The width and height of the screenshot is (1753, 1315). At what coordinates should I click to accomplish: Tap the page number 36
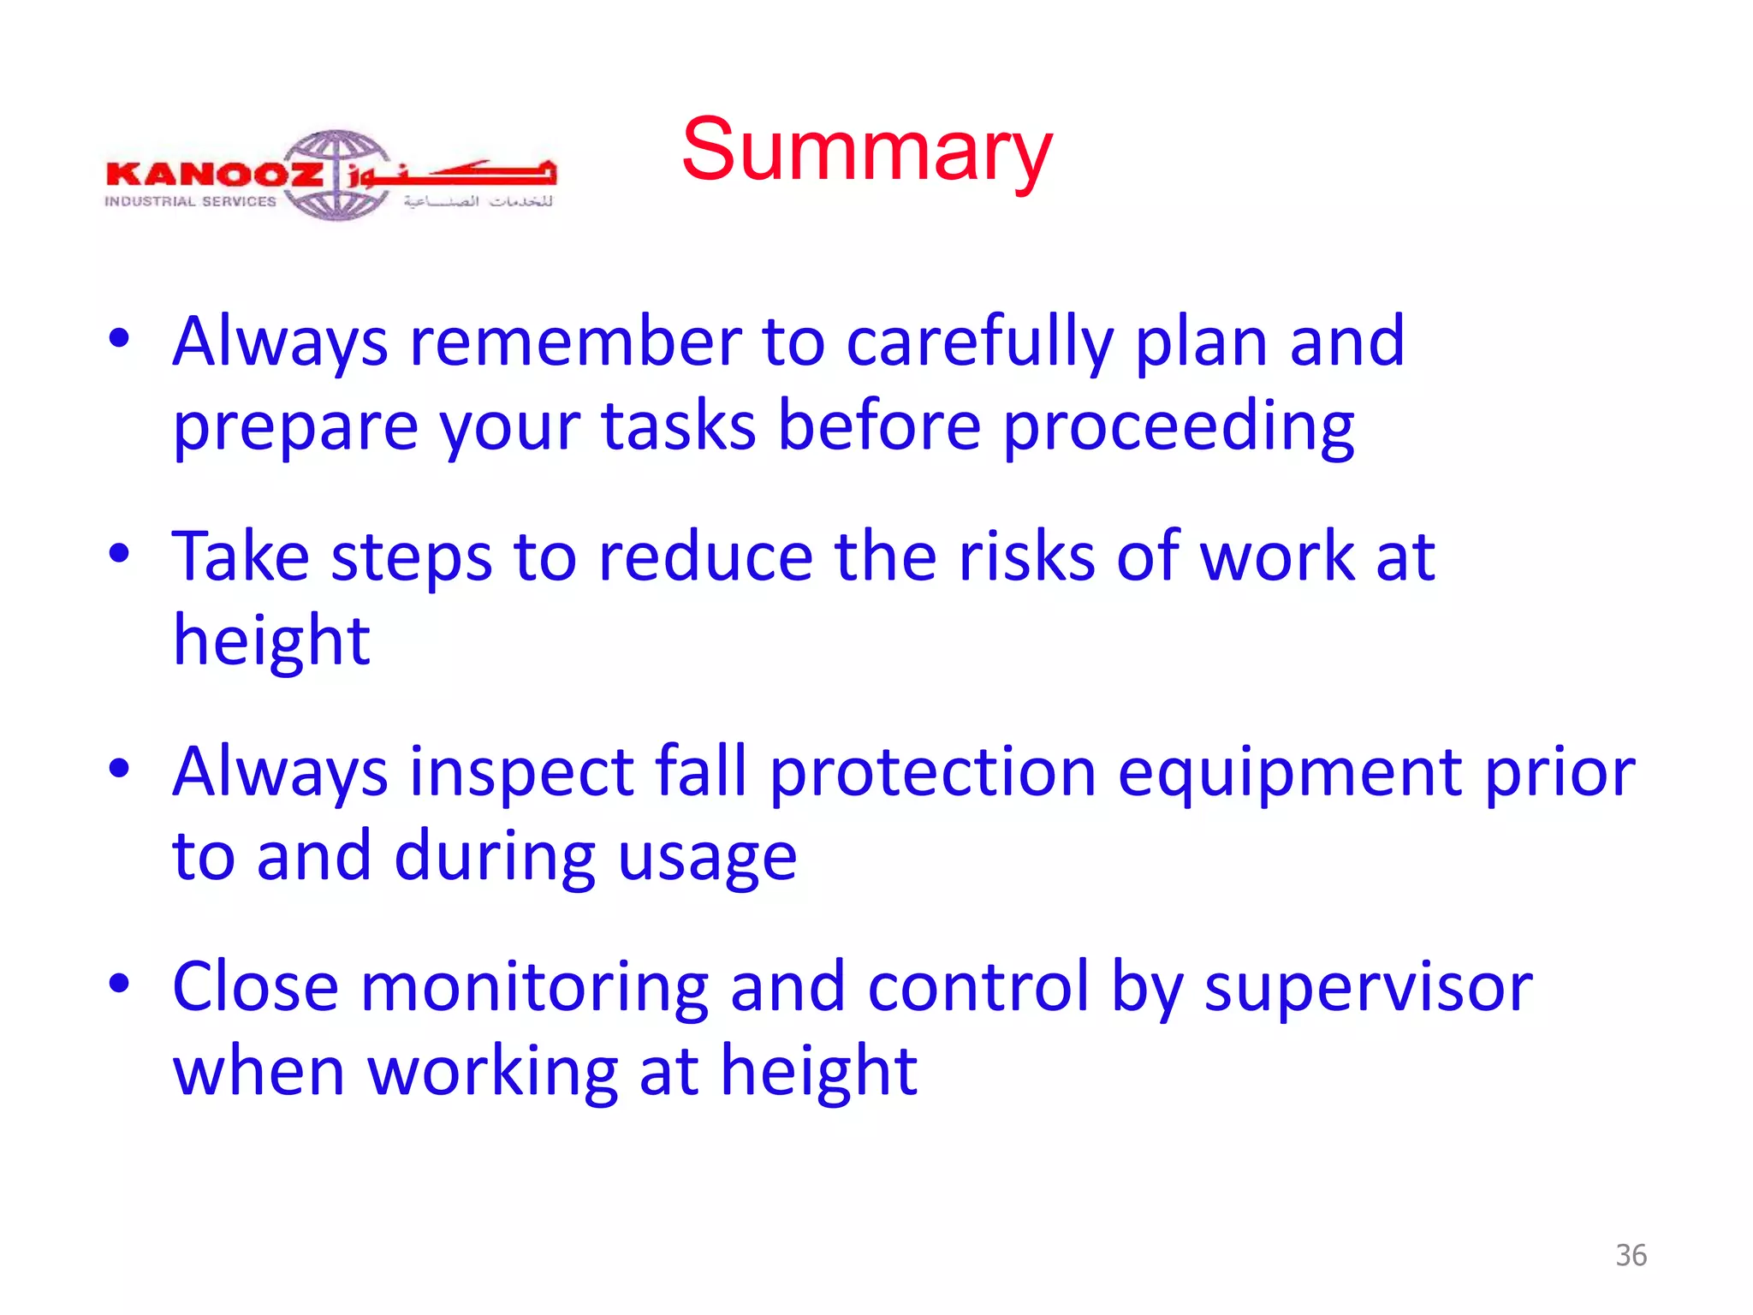1631,1255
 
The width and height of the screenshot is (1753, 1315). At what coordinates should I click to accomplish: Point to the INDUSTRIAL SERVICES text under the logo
190,202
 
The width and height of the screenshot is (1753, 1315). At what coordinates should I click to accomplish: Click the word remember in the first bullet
575,342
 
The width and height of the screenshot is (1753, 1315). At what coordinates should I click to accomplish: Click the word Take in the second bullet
241,556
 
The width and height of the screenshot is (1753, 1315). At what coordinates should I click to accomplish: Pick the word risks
1025,556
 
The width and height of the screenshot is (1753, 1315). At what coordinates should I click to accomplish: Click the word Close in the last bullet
255,987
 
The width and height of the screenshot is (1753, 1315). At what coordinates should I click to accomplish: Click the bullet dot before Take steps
119,553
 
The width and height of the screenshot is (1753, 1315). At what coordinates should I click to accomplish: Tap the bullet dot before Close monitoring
119,983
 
